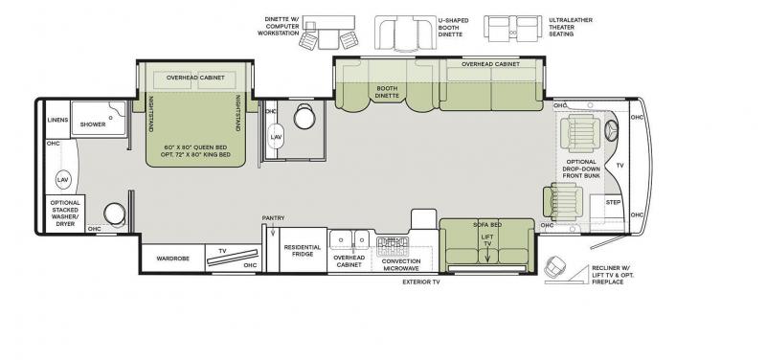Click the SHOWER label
pyautogui.click(x=93, y=124)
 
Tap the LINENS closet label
pyautogui.click(x=57, y=121)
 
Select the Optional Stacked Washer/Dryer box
pyautogui.click(x=65, y=214)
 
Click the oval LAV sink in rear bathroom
pyautogui.click(x=62, y=180)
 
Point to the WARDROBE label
pyautogui.click(x=172, y=259)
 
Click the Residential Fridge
pyautogui.click(x=303, y=250)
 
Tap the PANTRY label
pyautogui.click(x=273, y=218)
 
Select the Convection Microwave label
pyautogui.click(x=401, y=265)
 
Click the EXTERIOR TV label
pyautogui.click(x=421, y=281)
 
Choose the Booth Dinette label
pyautogui.click(x=388, y=92)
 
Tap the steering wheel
pyautogui.click(x=611, y=130)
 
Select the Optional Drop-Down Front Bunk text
pyautogui.click(x=581, y=169)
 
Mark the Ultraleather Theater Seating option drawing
pyautogui.click(x=512, y=28)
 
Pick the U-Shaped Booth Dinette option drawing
pyautogui.click(x=405, y=33)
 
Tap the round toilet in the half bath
pyautogui.click(x=304, y=116)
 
